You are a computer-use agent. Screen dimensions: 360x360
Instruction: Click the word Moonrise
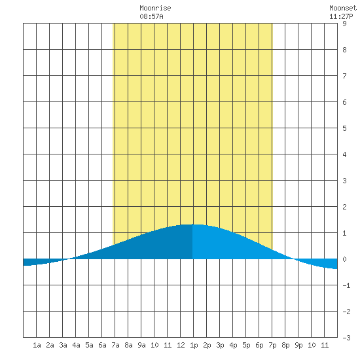tap(155, 8)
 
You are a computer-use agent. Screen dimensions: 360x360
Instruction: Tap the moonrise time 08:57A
tap(151, 16)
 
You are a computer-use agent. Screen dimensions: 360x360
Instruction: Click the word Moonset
tap(343, 8)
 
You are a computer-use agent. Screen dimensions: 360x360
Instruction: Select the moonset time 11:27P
tap(341, 16)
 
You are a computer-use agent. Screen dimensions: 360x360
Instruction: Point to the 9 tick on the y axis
tap(344, 24)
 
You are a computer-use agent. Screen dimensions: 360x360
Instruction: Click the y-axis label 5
tap(344, 128)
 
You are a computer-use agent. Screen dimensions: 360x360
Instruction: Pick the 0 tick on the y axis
tap(344, 259)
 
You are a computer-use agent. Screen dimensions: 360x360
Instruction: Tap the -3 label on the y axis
tap(346, 338)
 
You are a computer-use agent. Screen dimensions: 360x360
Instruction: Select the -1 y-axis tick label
tap(346, 285)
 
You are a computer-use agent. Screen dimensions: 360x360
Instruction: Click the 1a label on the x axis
tap(37, 345)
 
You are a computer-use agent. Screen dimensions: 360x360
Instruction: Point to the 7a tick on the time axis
tap(115, 345)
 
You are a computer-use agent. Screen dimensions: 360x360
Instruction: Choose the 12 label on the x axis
tap(181, 345)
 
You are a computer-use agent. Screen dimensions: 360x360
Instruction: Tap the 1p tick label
tap(194, 345)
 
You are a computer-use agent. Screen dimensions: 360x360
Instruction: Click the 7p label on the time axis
tap(272, 345)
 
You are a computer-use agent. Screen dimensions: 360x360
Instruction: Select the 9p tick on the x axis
tap(298, 345)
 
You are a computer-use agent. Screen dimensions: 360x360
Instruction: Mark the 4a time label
tap(76, 345)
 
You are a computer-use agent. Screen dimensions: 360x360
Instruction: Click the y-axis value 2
tap(344, 207)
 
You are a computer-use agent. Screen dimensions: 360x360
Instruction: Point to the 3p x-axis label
tap(220, 345)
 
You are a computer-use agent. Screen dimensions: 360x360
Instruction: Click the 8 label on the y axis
tap(344, 50)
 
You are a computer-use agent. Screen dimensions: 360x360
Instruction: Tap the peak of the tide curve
tap(193, 225)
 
